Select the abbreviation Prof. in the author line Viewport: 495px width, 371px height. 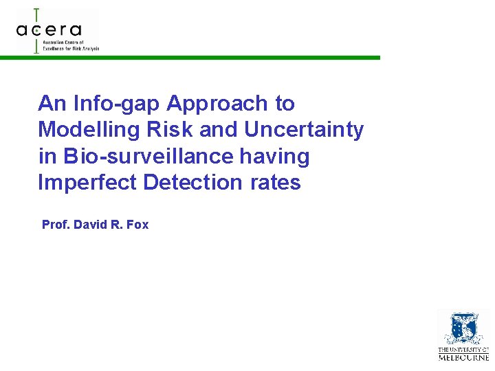click(x=56, y=225)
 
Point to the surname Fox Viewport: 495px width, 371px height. click(x=137, y=225)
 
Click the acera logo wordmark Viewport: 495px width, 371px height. click(x=49, y=30)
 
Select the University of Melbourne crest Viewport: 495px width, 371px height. click(x=463, y=328)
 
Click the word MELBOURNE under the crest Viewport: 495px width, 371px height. click(x=463, y=357)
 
